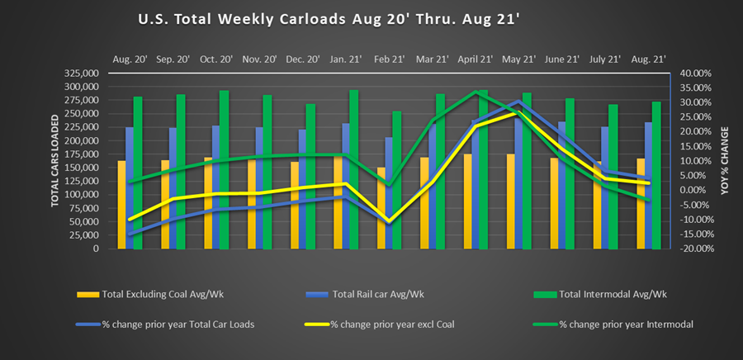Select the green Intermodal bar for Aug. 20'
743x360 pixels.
click(x=138, y=173)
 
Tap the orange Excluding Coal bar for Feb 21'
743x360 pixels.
click(x=381, y=208)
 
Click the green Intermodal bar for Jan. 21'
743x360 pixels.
click(x=354, y=169)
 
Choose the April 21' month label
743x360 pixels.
click(x=475, y=59)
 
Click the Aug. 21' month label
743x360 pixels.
click(x=648, y=59)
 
